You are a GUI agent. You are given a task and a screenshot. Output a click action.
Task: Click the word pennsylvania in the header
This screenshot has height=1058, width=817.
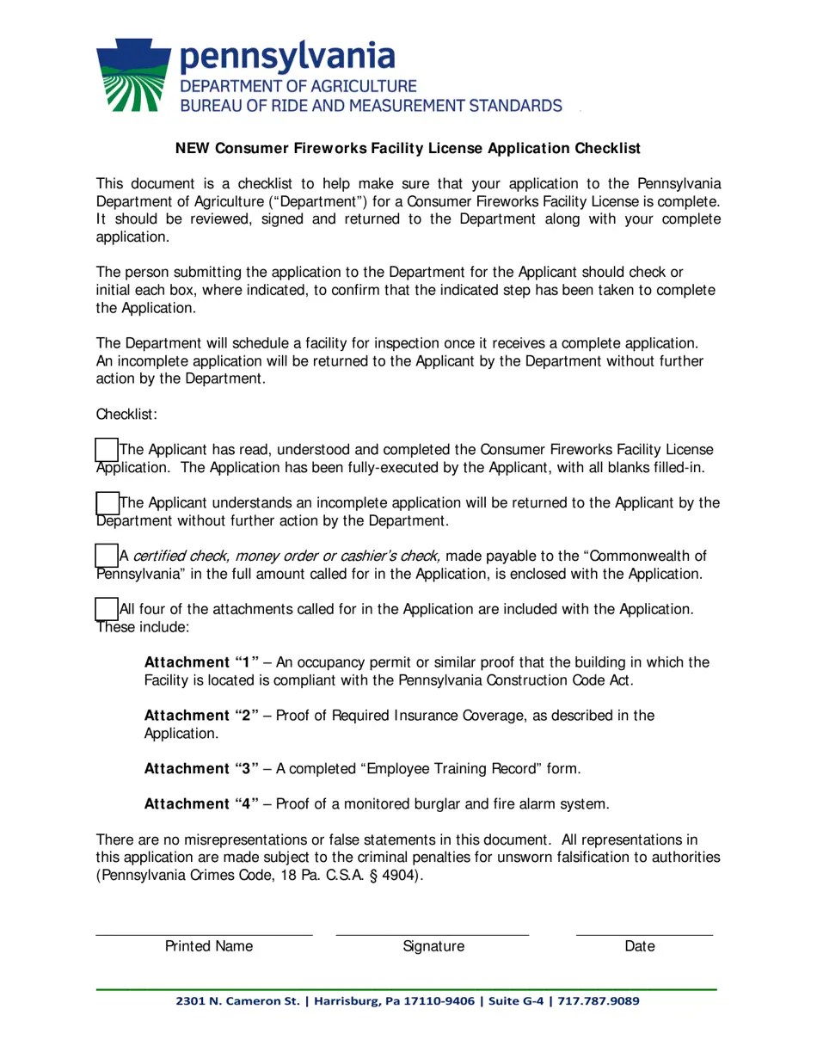(287, 56)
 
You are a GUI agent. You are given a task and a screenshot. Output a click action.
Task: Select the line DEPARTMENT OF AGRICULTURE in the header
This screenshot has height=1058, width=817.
(298, 86)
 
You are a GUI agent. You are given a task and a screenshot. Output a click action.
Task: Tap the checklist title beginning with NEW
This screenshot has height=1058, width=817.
(408, 148)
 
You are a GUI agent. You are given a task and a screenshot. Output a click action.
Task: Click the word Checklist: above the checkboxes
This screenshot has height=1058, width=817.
(126, 415)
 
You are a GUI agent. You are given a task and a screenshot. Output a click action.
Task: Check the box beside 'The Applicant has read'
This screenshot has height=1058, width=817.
(107, 449)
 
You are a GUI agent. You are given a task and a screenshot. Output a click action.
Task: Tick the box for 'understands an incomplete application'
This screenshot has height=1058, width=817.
(107, 502)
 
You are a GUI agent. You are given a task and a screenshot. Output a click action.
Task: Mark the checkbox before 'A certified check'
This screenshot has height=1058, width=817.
(107, 556)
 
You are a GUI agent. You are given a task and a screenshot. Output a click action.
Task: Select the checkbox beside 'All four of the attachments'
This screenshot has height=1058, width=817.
(107, 609)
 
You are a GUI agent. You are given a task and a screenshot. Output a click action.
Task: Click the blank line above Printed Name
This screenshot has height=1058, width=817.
(204, 932)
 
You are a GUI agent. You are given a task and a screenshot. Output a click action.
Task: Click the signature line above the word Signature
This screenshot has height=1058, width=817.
(432, 932)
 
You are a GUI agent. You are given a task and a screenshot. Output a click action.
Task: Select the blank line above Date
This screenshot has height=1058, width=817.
(644, 932)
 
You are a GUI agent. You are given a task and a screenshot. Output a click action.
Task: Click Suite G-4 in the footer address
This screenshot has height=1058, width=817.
(516, 1001)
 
